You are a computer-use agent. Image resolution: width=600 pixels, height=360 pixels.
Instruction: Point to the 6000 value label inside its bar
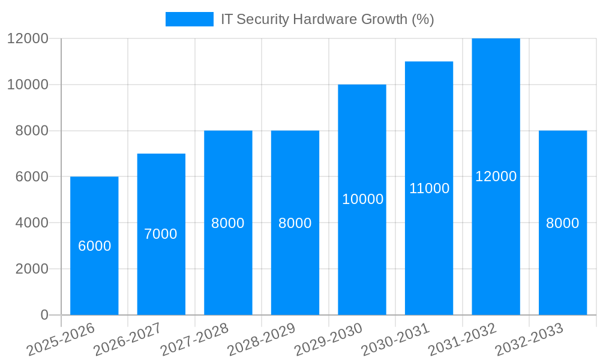(95, 246)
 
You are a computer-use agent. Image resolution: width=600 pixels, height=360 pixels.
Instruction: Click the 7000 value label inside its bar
(161, 234)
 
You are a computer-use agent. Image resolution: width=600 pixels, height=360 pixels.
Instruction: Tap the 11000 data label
(430, 188)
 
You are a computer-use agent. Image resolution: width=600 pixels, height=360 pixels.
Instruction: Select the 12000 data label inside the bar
(496, 176)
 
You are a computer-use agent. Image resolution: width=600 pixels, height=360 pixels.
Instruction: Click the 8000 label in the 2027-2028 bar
(228, 223)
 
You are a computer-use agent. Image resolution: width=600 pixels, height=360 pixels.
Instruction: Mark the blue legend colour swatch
(190, 19)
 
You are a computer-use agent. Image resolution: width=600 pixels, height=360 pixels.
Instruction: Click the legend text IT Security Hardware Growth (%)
(328, 19)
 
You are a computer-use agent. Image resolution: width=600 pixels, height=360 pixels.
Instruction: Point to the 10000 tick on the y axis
(28, 85)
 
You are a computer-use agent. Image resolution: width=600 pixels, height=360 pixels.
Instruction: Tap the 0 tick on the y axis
(44, 315)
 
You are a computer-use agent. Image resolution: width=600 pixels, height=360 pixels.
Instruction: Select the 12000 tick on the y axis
(28, 38)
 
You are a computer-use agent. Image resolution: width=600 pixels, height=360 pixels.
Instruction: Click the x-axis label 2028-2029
(262, 340)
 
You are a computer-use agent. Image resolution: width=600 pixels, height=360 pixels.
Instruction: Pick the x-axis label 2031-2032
(463, 340)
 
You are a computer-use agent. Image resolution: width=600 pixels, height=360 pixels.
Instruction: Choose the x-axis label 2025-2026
(62, 340)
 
